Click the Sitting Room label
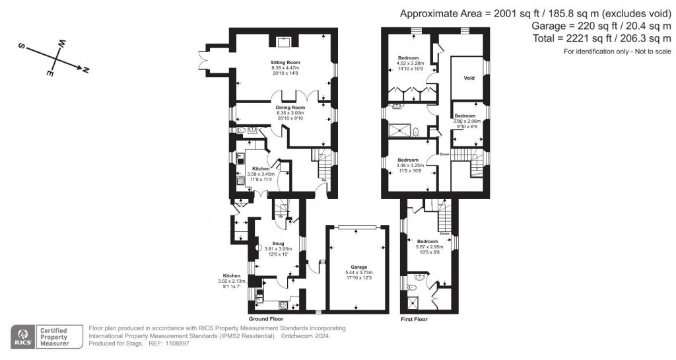click(285, 62)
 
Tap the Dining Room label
click(290, 107)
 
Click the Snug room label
click(277, 242)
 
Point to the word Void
click(469, 78)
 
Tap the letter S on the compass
click(21, 47)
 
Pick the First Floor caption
click(414, 319)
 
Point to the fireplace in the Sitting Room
click(284, 41)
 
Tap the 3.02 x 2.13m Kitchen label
click(234, 281)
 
